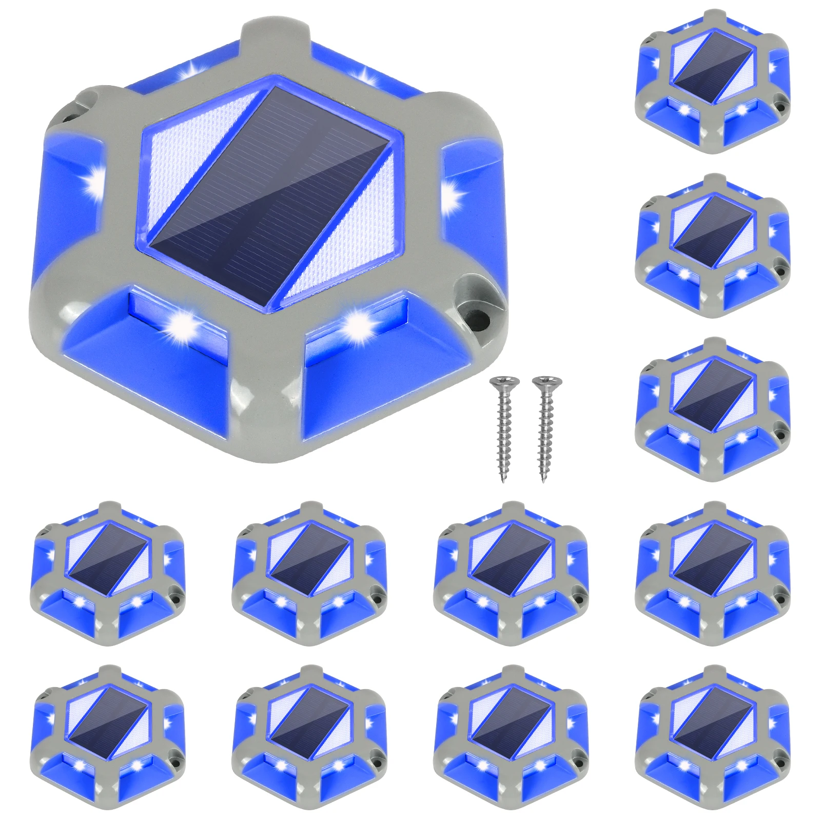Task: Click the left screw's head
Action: click(504, 382)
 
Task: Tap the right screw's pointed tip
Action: click(543, 481)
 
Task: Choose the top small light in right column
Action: click(712, 80)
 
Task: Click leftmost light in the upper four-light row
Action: click(108, 573)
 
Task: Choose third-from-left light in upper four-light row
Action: click(511, 573)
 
